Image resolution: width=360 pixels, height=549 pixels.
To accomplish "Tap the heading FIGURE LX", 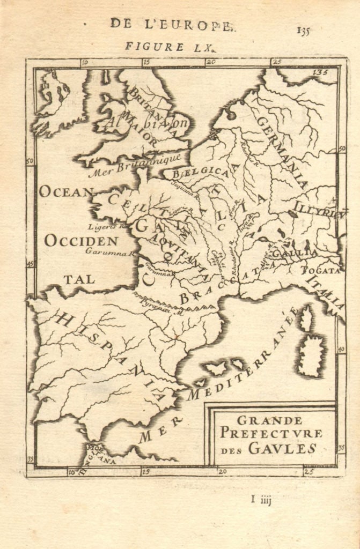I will [x=170, y=47].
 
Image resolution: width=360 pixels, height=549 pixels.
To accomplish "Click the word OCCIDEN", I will [x=81, y=241].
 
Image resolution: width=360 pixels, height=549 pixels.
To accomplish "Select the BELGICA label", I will [x=194, y=173].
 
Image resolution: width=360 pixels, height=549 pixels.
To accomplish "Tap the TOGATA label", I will [x=320, y=270].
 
